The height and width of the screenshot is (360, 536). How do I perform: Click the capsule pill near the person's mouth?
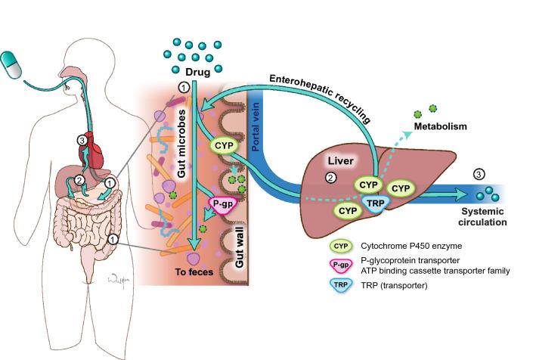coord(17,61)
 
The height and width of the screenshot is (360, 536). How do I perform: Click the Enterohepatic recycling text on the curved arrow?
coord(323,96)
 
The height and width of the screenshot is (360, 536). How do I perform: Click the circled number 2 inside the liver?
coord(329,179)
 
